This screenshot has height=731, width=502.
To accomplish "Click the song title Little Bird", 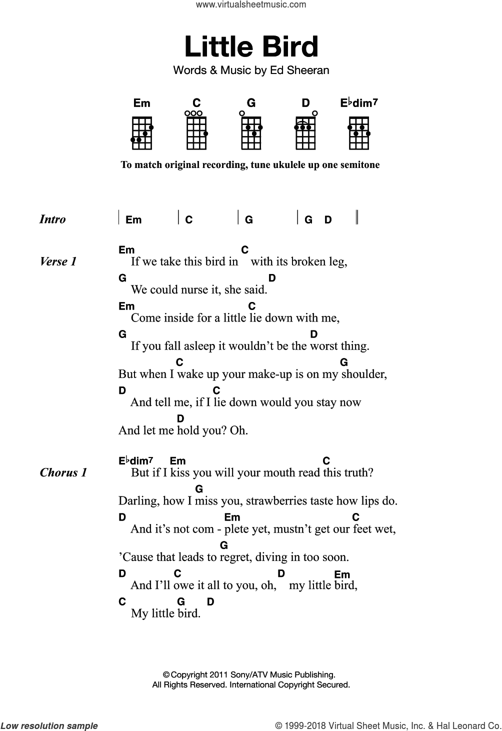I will pyautogui.click(x=251, y=46).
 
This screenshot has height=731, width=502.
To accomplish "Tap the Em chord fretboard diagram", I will pyautogui.click(x=142, y=132).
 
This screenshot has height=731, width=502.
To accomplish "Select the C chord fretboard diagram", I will pyautogui.click(x=196, y=132).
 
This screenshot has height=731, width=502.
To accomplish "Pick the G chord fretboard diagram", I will pyautogui.click(x=251, y=132).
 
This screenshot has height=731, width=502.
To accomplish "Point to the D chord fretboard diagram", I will pyautogui.click(x=305, y=132).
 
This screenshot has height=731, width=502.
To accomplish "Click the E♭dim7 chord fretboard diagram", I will pyautogui.click(x=359, y=132).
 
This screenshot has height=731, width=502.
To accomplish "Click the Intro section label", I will pyautogui.click(x=52, y=219).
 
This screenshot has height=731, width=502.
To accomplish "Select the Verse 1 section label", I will pyautogui.click(x=58, y=261).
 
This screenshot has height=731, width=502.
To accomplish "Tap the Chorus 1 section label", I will pyautogui.click(x=63, y=472).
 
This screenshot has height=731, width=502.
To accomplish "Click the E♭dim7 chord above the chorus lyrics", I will pyautogui.click(x=135, y=461).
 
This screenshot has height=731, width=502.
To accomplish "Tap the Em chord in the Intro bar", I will pyautogui.click(x=133, y=220).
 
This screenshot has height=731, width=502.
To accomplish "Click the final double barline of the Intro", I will pyautogui.click(x=356, y=218).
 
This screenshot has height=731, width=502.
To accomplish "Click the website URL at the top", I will pyautogui.click(x=251, y=5).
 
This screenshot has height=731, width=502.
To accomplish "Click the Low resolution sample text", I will pyautogui.click(x=49, y=726).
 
